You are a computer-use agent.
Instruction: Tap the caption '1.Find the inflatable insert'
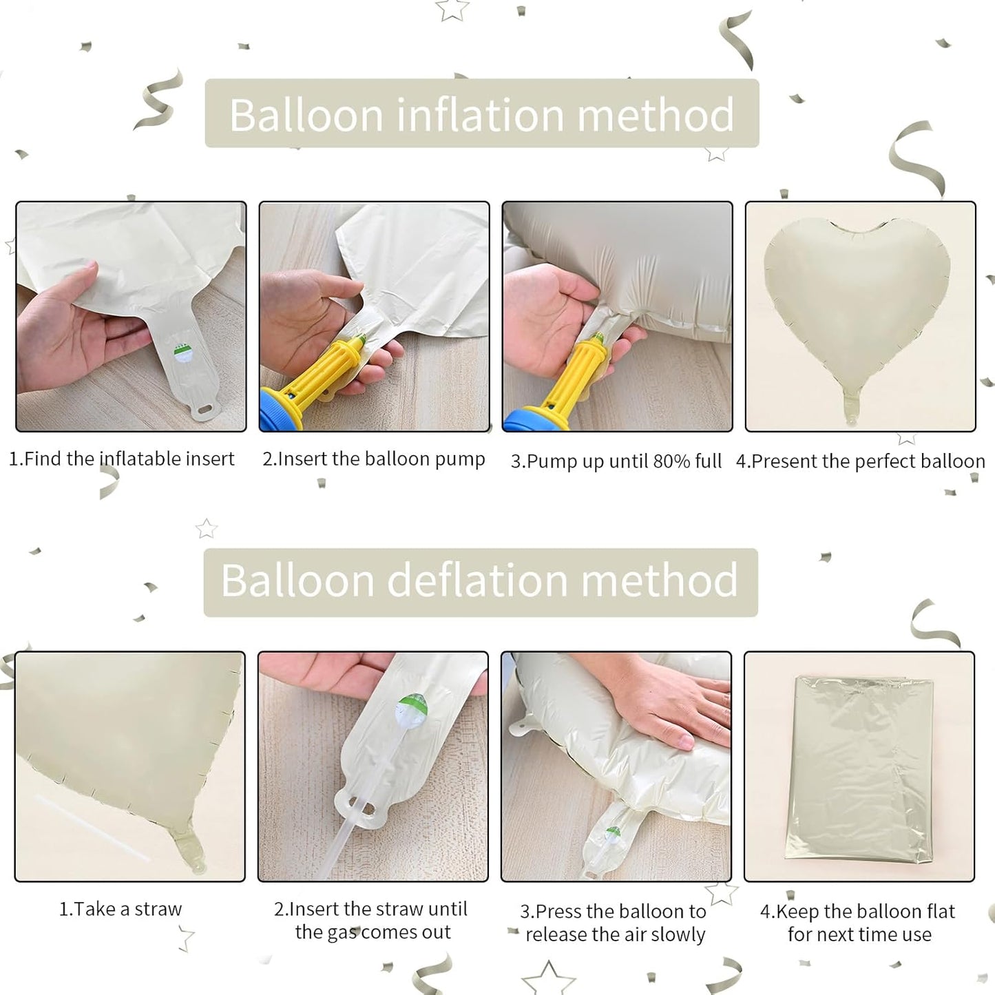coord(121,459)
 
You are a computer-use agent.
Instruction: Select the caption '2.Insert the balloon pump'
coord(373,459)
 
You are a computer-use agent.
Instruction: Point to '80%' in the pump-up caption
coord(671,461)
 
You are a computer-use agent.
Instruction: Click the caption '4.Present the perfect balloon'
coord(860,461)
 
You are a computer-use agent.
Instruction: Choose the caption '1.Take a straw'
coord(121,909)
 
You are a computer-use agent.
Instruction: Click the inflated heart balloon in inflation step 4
coord(857,303)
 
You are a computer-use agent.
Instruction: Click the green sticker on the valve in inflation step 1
coord(182,353)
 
